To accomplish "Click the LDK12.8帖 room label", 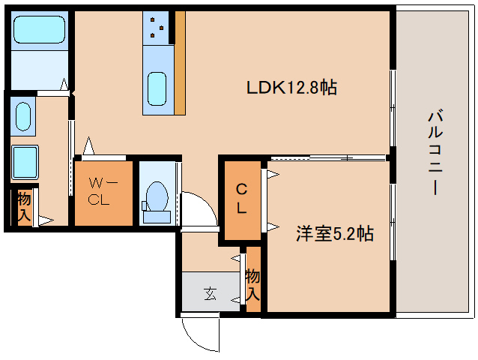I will pos(291,88).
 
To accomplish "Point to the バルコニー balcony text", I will pos(433,154).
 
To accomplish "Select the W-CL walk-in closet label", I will pos(102,191).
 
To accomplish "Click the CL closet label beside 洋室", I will pos(241,199).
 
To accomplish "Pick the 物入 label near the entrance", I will pos(252,284).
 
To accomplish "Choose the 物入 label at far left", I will pos(24,207).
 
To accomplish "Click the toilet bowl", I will pos(157,199).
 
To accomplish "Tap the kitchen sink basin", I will pos(157,89).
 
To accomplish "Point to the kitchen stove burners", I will pos(157,26).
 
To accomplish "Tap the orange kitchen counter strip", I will pos(180,64).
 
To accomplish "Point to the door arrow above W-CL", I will pos(88,144).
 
